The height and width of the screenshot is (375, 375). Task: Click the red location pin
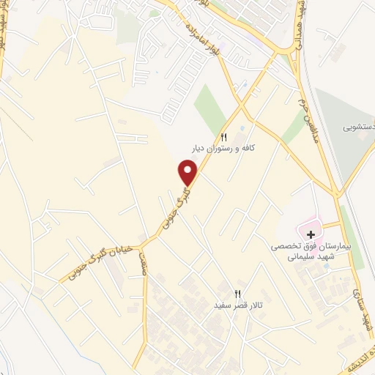tap(189, 172)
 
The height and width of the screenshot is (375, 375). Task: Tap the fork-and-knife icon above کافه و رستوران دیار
tap(224, 137)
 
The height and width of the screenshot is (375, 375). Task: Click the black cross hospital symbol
tap(311, 235)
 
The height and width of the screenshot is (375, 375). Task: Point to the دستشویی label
tap(358, 126)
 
